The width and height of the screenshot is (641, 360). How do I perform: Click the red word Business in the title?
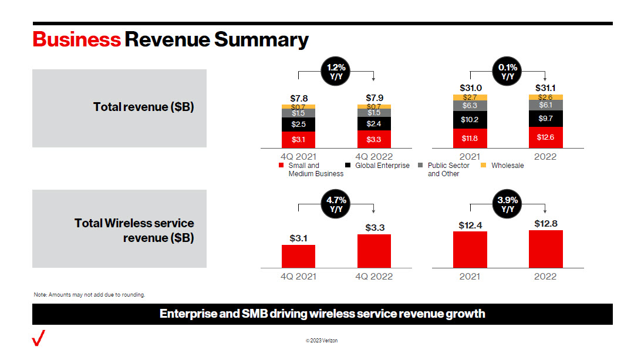(x=76, y=39)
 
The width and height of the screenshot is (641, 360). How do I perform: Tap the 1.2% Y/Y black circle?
(x=336, y=72)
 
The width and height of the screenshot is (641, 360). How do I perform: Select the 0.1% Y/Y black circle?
(x=508, y=72)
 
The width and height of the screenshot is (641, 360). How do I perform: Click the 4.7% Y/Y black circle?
(x=336, y=204)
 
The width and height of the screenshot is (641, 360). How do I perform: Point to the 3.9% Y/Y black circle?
(x=508, y=204)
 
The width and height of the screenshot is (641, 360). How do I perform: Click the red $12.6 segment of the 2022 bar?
(x=545, y=137)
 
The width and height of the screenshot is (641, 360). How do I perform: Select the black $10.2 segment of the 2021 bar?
(x=470, y=119)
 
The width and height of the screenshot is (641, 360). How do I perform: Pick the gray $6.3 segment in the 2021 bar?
(x=470, y=106)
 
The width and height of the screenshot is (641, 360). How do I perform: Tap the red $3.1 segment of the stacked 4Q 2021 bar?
(x=298, y=139)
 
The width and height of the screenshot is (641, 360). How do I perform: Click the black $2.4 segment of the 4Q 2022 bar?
(x=374, y=124)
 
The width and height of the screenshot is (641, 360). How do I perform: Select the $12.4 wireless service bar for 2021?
(x=470, y=250)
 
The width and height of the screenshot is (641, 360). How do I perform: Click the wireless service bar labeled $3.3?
(x=374, y=251)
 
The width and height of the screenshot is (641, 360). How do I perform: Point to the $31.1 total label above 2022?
(x=545, y=88)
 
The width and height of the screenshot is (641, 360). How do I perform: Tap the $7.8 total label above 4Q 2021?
(x=298, y=97)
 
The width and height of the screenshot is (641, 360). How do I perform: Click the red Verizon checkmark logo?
(x=39, y=339)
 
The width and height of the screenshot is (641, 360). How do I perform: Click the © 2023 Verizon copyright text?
(x=321, y=341)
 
